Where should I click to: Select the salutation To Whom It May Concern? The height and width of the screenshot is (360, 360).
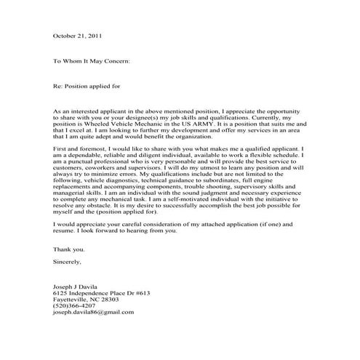click(x=92, y=62)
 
